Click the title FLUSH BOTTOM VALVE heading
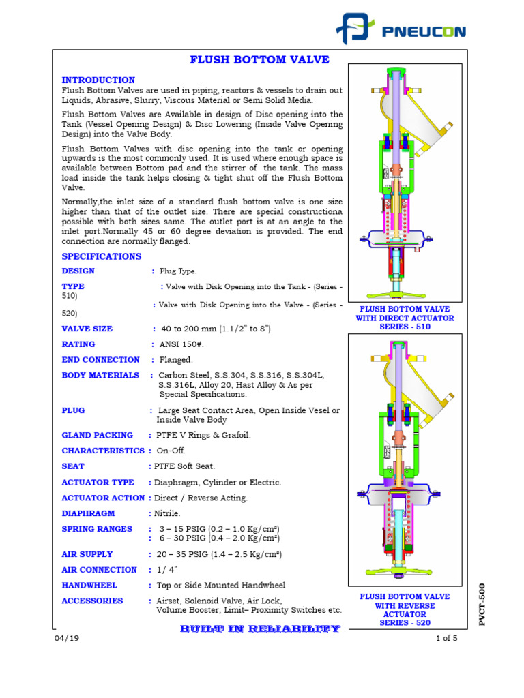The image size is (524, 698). pyautogui.click(x=259, y=60)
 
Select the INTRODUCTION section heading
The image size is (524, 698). pyautogui.click(x=98, y=80)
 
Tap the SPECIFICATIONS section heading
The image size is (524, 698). pyautogui.click(x=102, y=256)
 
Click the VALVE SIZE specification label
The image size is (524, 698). pyautogui.click(x=87, y=329)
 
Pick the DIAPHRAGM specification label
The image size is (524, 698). pyautogui.click(x=89, y=513)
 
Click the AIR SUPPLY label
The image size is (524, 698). pyautogui.click(x=87, y=554)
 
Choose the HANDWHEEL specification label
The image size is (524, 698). pyautogui.click(x=89, y=585)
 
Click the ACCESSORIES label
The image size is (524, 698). pyautogui.click(x=93, y=601)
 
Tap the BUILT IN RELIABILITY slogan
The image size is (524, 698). pyautogui.click(x=259, y=629)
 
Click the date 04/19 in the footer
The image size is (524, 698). pyautogui.click(x=63, y=638)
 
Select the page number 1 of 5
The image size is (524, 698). pyautogui.click(x=446, y=638)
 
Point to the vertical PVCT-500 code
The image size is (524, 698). pyautogui.click(x=482, y=604)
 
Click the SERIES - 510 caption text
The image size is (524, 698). pyautogui.click(x=405, y=327)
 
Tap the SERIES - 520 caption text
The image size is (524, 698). pyautogui.click(x=405, y=622)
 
